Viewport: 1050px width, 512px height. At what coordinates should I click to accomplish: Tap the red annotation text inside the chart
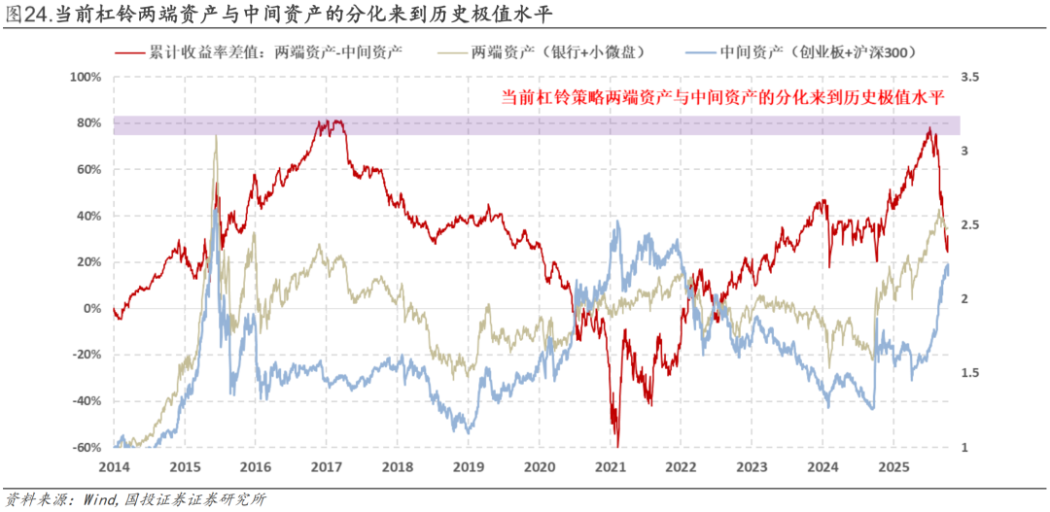[723, 97]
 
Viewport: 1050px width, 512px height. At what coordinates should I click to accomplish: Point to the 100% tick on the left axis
[88, 76]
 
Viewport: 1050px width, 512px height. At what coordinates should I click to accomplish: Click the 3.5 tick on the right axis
[969, 76]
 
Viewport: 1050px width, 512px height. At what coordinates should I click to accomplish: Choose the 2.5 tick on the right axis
[969, 224]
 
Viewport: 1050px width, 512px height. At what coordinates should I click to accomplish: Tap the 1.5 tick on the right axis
[969, 373]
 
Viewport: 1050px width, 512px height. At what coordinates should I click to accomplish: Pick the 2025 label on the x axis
[892, 467]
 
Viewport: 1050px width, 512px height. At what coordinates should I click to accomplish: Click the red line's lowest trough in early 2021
[616, 444]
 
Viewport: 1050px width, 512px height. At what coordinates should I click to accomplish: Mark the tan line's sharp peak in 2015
[215, 136]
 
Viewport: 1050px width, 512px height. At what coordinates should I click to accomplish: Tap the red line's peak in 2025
[930, 127]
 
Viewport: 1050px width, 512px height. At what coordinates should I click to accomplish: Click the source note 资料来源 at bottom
[136, 499]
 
